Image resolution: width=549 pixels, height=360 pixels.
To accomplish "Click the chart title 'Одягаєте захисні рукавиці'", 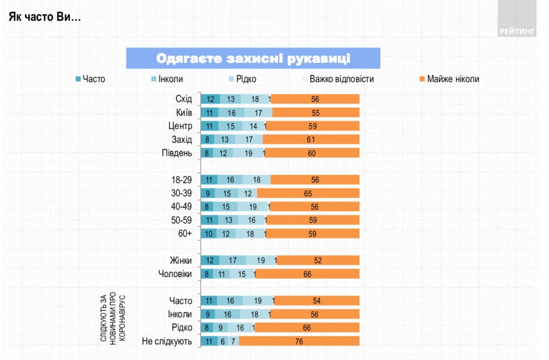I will [253, 58].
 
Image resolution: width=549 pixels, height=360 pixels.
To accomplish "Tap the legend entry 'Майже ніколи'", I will [452, 79].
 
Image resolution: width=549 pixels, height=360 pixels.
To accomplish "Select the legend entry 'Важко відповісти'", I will [341, 79].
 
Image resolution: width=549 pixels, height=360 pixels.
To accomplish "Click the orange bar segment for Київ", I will [315, 113].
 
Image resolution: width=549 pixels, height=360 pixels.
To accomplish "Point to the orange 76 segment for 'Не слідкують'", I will [299, 341].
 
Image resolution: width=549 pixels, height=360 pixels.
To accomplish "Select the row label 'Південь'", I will [177, 153].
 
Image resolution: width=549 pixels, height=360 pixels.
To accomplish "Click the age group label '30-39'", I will [182, 193].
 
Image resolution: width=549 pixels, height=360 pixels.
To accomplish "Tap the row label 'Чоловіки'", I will [175, 274].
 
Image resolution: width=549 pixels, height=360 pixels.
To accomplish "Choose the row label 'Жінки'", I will [181, 260].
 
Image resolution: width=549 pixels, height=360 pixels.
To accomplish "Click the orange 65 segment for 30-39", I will [308, 193].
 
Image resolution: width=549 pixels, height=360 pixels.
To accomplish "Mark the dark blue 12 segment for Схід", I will [210, 99].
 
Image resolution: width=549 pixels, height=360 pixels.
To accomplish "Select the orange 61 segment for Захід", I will [311, 140].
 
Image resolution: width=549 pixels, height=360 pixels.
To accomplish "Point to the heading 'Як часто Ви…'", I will [45, 17].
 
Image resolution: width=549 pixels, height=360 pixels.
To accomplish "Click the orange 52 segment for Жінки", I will [318, 260].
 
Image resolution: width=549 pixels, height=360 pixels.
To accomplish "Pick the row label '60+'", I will [185, 234].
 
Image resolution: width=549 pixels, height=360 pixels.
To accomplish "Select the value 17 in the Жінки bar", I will [232, 260].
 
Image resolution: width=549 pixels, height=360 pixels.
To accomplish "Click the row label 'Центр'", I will [180, 126].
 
